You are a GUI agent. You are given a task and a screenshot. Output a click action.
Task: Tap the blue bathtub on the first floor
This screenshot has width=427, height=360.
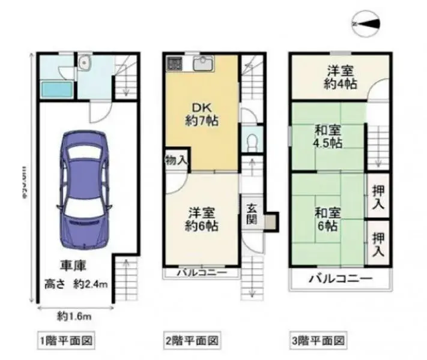[55, 90]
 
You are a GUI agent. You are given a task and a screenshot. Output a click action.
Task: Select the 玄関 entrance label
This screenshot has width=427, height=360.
[251, 214]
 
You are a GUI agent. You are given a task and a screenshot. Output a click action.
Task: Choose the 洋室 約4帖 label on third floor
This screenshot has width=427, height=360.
[340, 77]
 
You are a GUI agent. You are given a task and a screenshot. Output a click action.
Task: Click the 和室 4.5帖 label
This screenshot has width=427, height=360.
[328, 136]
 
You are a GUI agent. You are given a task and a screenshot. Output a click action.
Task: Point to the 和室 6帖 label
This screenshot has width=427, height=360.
[328, 220]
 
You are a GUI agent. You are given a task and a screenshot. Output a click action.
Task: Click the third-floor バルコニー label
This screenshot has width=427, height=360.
[340, 278]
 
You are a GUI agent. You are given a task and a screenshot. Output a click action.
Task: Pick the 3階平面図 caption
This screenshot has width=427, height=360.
[318, 341]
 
